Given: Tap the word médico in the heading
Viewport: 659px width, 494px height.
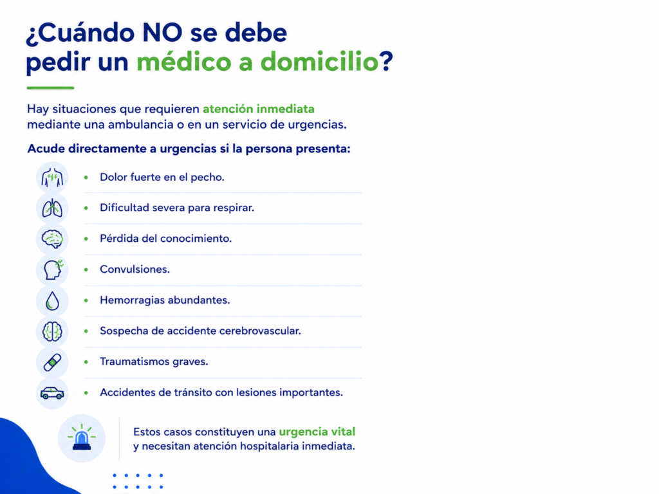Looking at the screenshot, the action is tap(183, 61).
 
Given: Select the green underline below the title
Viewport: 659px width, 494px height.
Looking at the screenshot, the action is tap(50, 87).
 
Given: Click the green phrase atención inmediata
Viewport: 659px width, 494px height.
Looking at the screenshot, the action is tap(259, 109).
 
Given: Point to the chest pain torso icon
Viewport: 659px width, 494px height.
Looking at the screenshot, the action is tap(52, 178).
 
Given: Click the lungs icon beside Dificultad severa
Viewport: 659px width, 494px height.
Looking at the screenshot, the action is tap(52, 208).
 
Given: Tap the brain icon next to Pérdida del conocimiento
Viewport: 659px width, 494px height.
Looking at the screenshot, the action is tap(52, 239).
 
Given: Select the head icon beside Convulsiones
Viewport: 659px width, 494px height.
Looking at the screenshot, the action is tap(53, 270).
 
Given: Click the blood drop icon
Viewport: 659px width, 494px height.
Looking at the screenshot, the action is tap(52, 301).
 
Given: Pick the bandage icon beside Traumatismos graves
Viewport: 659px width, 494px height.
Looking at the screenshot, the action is tap(52, 362).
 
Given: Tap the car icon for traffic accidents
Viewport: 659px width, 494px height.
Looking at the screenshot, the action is tap(52, 393).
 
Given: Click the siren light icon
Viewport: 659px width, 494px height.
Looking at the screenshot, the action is tap(82, 437).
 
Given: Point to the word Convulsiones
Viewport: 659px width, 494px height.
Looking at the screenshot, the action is tap(135, 270).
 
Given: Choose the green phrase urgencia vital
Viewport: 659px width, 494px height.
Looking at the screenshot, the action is tap(317, 432).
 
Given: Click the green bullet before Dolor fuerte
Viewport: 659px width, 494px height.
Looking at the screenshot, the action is tap(86, 178).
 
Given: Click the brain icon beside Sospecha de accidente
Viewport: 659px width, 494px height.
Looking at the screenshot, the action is tap(52, 331).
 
